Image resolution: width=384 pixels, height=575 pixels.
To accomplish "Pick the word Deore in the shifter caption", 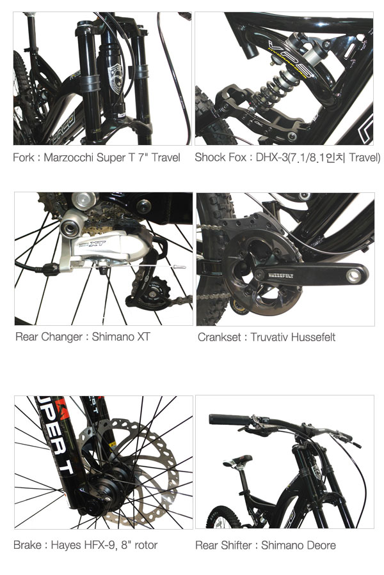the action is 321,546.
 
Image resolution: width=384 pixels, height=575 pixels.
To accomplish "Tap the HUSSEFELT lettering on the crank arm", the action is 281,275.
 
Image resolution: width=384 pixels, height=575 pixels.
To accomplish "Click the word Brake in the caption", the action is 27,545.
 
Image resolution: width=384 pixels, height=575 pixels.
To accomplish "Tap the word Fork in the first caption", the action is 24,158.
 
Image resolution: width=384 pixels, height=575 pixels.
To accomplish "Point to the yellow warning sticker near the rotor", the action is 113,445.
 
